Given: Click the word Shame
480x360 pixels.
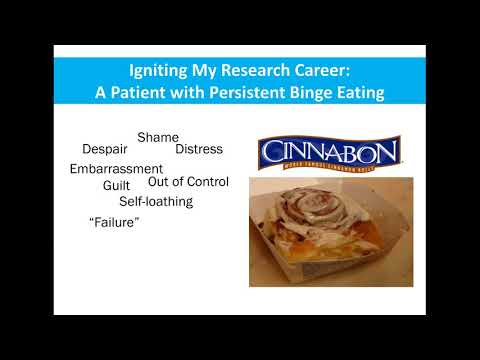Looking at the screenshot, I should coord(158,136).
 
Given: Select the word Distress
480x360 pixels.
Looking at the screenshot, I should coord(199,149).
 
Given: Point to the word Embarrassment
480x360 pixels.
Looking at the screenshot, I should coord(116,169).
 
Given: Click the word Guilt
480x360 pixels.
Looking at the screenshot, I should coord(117,185).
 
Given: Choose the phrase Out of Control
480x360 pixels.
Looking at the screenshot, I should coord(188,182).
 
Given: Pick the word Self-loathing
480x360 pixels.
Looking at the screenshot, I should coord(156,201).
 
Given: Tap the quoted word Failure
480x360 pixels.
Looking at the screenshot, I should coord(113,222).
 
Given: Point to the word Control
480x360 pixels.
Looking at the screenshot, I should coord(208,182).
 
